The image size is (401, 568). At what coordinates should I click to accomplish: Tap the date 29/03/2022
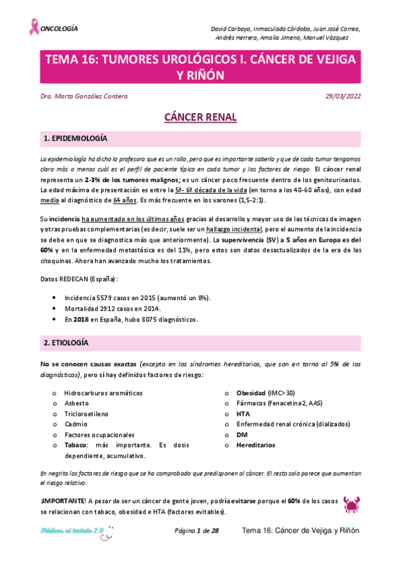tap(343, 96)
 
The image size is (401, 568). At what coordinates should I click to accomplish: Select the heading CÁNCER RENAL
tap(200, 118)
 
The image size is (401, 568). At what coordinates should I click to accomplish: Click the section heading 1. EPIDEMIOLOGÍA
tap(75, 139)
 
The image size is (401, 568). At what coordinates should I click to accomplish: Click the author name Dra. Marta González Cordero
tap(84, 96)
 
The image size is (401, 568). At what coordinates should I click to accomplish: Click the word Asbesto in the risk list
tap(77, 403)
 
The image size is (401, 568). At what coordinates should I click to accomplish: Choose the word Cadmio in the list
tap(76, 424)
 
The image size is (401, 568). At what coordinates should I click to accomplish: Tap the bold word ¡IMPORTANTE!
tap(62, 502)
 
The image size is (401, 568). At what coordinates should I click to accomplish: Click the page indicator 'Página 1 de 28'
tap(197, 530)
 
